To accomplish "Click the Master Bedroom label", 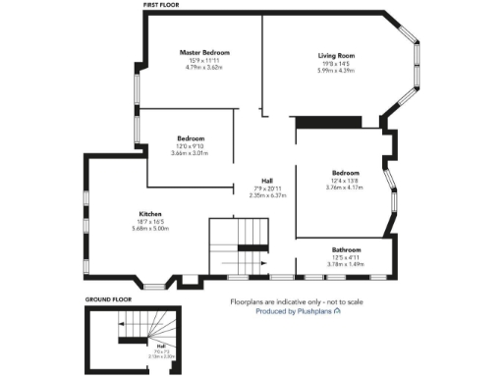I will tap(203, 51).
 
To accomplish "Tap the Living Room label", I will tap(336, 56).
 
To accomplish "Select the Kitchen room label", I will tap(150, 213).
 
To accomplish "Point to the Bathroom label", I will tap(346, 249).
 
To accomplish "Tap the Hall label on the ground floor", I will tap(159, 346).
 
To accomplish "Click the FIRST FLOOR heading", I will tap(163, 5).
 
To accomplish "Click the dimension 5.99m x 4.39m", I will tap(336, 71).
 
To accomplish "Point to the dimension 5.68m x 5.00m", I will tap(150, 228).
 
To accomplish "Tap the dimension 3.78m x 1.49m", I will tap(346, 264).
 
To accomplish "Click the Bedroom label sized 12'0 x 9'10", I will tap(191, 138).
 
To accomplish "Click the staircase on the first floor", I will tap(239, 245).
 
